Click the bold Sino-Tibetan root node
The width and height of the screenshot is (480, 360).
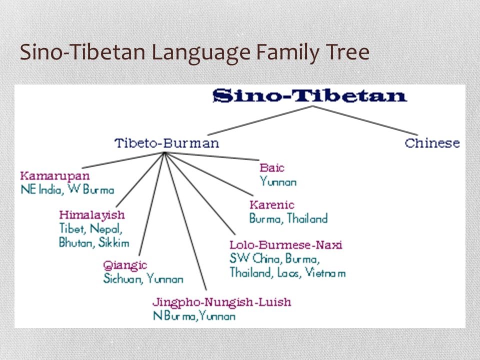pos(310,95)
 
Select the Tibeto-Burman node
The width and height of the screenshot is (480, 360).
pos(167,143)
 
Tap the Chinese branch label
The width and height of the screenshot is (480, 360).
pos(432,143)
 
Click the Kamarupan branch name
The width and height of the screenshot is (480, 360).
pos(55,176)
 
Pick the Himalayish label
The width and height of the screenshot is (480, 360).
pos(92,215)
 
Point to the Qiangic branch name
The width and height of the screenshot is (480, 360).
pos(125,265)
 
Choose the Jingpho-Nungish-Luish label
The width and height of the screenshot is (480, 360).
pos(221,302)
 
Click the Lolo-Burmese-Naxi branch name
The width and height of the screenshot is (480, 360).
pos(286,245)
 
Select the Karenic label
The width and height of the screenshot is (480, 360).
pos(272,205)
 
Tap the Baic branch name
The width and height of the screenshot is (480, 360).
pos(272,168)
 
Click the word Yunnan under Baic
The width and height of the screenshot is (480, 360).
pos(278,182)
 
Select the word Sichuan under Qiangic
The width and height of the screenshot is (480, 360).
pos(122,278)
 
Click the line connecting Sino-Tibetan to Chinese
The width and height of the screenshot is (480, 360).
pos(365,120)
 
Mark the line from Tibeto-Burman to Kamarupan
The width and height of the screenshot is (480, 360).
pos(123,160)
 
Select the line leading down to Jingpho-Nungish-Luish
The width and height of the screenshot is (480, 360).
pos(185,221)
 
